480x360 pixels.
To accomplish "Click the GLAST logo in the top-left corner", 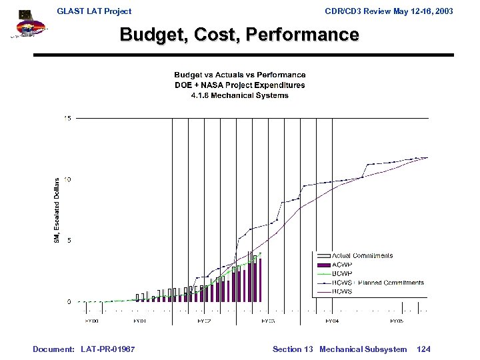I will tap(26, 25).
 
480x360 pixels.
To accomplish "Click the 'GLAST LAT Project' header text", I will tap(94, 11).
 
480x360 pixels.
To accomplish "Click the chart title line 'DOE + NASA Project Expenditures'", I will tap(239, 85).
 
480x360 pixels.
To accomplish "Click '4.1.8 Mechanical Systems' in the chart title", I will tap(239, 95).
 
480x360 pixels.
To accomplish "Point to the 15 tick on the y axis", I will tap(67, 118).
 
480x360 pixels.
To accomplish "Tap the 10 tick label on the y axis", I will tap(67, 179).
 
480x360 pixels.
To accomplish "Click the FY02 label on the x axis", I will tap(203, 321).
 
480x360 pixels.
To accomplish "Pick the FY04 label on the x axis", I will tap(331, 321).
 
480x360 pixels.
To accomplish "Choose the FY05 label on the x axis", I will tap(396, 321).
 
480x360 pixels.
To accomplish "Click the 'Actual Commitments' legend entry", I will tap(362, 255).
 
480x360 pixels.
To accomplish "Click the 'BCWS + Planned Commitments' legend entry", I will tap(377, 283).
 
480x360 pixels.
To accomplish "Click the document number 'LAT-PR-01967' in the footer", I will tap(107, 349).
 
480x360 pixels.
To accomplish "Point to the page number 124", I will tap(423, 349).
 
